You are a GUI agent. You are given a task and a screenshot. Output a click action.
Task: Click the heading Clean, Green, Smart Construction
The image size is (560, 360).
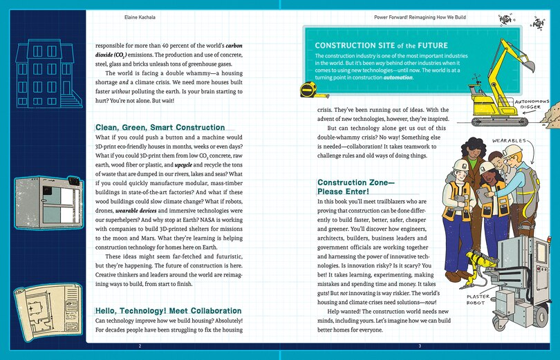(x=160, y=127)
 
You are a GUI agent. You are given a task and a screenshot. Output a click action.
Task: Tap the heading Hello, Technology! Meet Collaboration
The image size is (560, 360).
(x=168, y=311)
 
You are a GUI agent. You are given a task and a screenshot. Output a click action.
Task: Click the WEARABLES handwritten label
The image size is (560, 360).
(x=508, y=140)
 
